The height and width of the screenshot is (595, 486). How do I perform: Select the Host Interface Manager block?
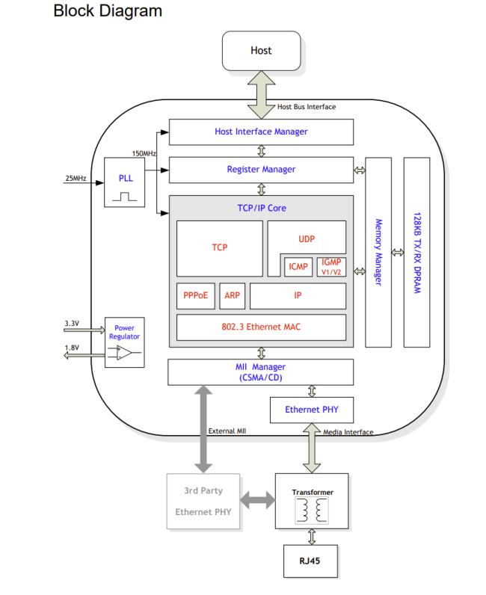261,132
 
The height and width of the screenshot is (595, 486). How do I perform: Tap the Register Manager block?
261,170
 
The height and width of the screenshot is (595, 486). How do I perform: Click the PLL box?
124,182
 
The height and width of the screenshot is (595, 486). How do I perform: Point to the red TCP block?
219,247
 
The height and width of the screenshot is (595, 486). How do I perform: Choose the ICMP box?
298,265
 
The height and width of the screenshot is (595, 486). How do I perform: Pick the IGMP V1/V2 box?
330,265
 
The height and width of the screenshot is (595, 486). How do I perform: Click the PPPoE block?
195,295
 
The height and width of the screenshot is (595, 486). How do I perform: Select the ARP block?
232,295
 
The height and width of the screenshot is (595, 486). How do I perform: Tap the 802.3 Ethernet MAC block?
261,327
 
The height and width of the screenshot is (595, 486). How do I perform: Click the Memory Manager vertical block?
378,252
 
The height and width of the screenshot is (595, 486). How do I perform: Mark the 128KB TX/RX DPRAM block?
416,252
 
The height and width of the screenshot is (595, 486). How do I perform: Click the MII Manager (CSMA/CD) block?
261,372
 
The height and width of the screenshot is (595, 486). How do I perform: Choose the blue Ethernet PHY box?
311,410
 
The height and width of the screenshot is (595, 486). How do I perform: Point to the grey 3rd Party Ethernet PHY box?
203,502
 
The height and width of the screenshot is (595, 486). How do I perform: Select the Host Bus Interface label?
307,107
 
